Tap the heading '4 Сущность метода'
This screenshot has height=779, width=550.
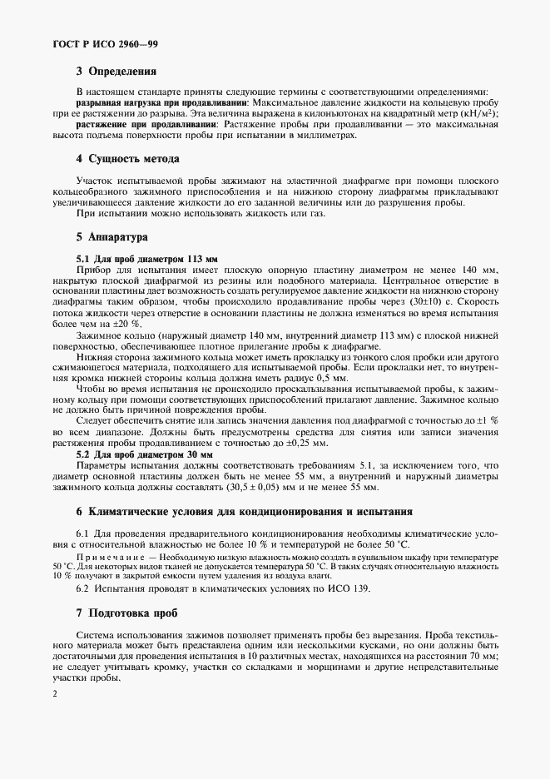tap(127, 158)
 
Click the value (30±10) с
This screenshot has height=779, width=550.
tap(429, 302)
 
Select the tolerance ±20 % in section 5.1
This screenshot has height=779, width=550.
tap(125, 324)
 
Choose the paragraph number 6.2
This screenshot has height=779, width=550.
tap(84, 588)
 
